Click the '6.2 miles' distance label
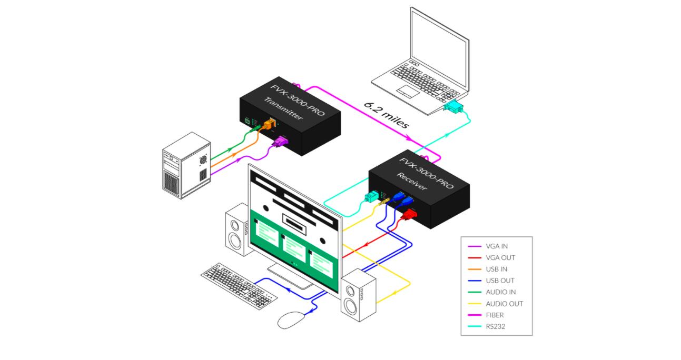tap(387, 115)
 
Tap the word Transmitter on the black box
tap(283, 108)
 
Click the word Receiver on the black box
tap(412, 181)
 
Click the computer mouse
tap(291, 320)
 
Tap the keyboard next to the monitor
tap(239, 286)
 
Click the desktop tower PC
tap(186, 166)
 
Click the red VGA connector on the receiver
tap(409, 214)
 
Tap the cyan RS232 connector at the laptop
tap(453, 106)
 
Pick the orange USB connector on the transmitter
tap(269, 124)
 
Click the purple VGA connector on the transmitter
tap(281, 142)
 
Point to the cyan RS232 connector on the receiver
tap(371, 196)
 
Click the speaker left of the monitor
tap(237, 229)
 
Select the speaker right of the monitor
tap(358, 294)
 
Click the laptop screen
tap(439, 48)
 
